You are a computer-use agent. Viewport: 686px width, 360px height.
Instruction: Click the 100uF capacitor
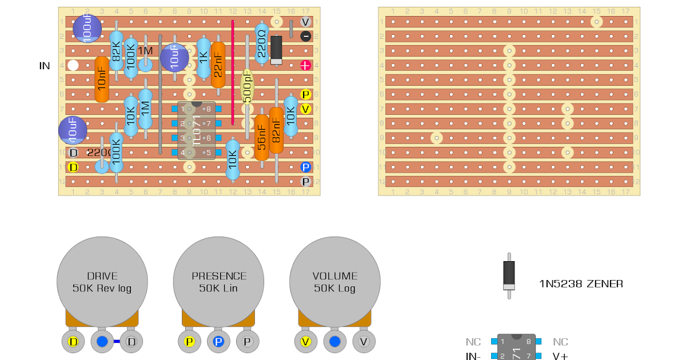pyautogui.click(x=87, y=28)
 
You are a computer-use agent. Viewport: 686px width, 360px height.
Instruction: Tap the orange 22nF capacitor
pyautogui.click(x=218, y=64)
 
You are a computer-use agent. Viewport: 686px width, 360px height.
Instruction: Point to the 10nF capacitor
pyautogui.click(x=102, y=79)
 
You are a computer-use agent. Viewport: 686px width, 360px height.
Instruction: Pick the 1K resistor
pyautogui.click(x=204, y=58)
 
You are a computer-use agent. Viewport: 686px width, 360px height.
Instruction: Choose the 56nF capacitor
pyautogui.click(x=262, y=137)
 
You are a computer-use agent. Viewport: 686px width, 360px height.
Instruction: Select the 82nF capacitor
pyautogui.click(x=276, y=130)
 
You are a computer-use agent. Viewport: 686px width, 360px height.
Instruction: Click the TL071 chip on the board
pyautogui.click(x=196, y=131)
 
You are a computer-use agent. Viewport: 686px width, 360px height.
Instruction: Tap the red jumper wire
pyautogui.click(x=233, y=72)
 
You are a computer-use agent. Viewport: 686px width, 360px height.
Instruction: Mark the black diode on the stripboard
pyautogui.click(x=276, y=50)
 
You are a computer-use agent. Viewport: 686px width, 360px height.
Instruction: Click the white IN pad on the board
pyautogui.click(x=73, y=65)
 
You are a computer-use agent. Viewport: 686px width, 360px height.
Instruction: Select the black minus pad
pyautogui.click(x=306, y=36)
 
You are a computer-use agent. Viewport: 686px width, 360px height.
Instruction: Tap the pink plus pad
pyautogui.click(x=306, y=65)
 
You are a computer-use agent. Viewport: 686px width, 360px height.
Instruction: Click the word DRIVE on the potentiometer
pyautogui.click(x=102, y=276)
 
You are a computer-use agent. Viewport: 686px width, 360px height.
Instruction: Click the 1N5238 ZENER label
pyautogui.click(x=581, y=284)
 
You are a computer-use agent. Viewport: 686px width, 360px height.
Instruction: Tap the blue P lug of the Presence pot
pyautogui.click(x=218, y=342)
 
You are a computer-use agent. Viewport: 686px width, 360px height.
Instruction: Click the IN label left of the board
pyautogui.click(x=45, y=66)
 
